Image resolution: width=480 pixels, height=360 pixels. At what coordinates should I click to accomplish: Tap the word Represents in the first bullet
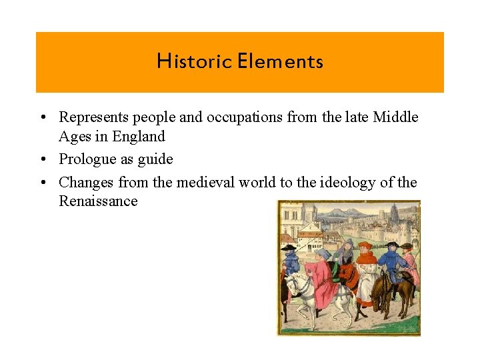93,117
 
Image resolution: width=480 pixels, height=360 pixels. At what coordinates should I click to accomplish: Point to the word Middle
396,117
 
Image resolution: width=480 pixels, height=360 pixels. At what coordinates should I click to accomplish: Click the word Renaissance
98,201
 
